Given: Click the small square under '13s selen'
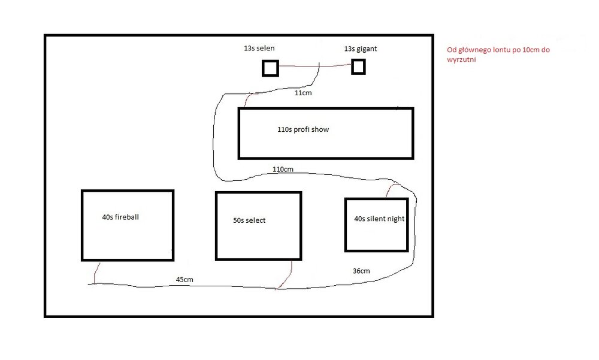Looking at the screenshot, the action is tap(271, 68).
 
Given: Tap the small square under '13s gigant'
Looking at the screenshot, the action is tap(358, 67).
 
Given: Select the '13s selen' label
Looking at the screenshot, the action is tap(259, 48).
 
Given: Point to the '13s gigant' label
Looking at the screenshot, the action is tap(360, 49).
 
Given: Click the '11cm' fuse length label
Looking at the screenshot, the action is tap(303, 93).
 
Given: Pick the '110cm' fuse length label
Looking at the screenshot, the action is tap(283, 170).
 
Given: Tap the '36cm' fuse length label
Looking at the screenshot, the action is tap(361, 271).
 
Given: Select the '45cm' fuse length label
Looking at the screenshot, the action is tap(184, 280).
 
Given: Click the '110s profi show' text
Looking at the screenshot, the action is tap(303, 129).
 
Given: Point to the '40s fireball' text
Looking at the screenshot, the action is tap(120, 217).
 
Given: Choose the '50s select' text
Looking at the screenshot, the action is tap(249, 220).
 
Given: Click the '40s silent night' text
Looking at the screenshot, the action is tap(379, 219).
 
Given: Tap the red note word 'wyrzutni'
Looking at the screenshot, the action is tap(461, 60).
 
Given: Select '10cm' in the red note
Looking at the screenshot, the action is tap(531, 50).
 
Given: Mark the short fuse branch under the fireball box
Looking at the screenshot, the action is tap(96, 273).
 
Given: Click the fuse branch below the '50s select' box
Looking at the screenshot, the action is tap(285, 275).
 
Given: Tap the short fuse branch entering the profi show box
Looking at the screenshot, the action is tap(248, 100).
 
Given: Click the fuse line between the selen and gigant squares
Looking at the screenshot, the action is tap(315, 66).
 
